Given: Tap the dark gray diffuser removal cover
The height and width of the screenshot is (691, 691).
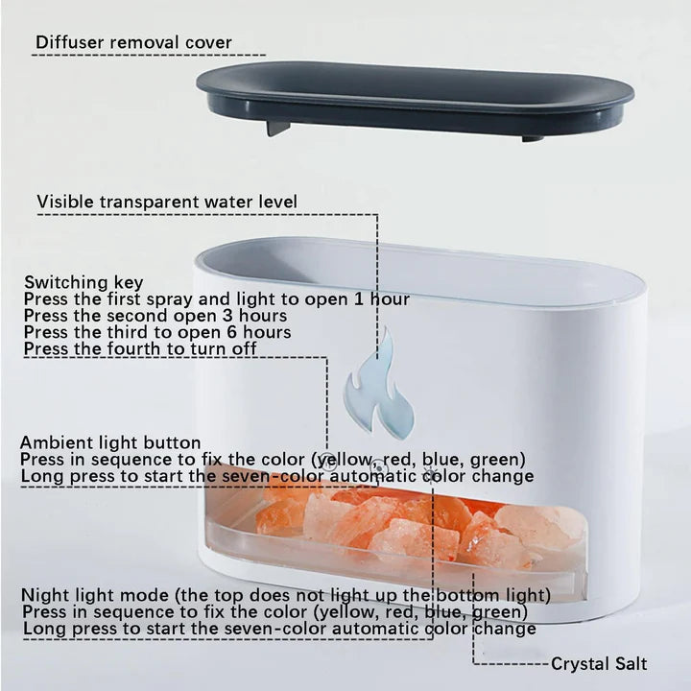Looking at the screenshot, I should click(415, 96).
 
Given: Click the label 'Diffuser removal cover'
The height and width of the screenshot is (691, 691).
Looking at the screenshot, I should click(133, 42).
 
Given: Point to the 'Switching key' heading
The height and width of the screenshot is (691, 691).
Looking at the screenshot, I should click(83, 282).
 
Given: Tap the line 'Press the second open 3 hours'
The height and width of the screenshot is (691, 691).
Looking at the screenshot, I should click(155, 316).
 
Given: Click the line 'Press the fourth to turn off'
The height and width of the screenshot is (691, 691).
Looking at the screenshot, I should click(140, 348).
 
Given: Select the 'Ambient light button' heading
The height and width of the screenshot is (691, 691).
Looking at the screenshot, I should click(110, 442).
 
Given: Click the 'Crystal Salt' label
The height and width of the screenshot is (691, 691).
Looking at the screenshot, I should click(599, 663).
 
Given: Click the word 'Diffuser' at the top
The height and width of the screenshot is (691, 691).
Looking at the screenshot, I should click(69, 42).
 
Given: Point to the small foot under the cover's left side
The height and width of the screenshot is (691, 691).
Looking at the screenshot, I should click(276, 127).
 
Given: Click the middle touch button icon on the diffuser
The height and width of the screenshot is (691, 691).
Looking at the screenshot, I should click(379, 468).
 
